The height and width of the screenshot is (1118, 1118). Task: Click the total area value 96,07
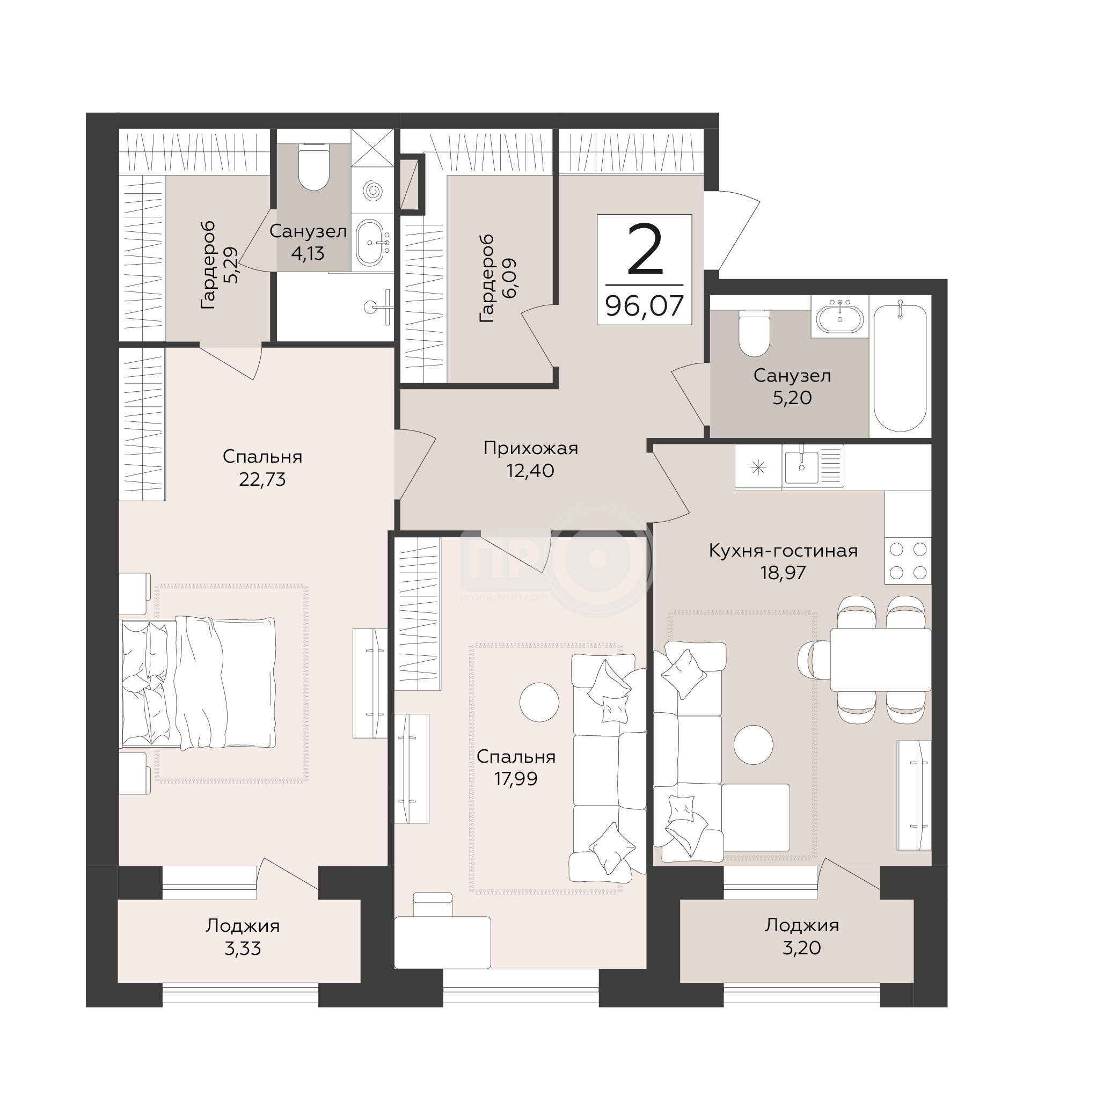pyautogui.click(x=645, y=305)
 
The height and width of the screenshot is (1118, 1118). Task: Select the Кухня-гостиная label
pyautogui.click(x=783, y=550)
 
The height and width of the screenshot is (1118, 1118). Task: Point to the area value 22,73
pyautogui.click(x=262, y=480)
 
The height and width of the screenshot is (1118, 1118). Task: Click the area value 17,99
pyautogui.click(x=516, y=779)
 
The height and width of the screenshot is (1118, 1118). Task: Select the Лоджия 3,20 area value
pyautogui.click(x=801, y=948)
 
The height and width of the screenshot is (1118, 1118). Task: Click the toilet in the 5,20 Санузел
pyautogui.click(x=755, y=333)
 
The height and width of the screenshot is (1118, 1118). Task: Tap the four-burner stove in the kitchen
pyautogui.click(x=908, y=561)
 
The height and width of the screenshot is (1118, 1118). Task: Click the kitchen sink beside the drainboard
pyautogui.click(x=801, y=465)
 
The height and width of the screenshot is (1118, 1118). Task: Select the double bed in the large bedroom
pyautogui.click(x=198, y=684)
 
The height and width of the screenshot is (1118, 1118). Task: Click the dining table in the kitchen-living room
pyautogui.click(x=881, y=660)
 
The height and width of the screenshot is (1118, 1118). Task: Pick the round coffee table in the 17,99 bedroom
pyautogui.click(x=539, y=703)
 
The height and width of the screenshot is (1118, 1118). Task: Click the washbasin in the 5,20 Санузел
pyautogui.click(x=839, y=317)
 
